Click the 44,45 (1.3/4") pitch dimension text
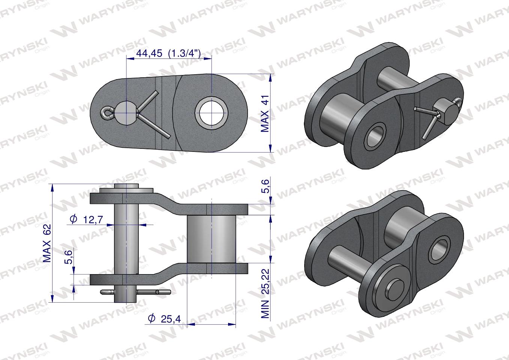point(168,53)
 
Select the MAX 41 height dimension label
point(265,116)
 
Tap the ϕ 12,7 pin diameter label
point(87,220)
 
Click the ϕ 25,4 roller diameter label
point(165,319)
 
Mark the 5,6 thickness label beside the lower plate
point(69,258)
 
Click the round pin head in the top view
point(126,112)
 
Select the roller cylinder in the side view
point(212,239)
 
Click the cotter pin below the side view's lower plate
point(135,291)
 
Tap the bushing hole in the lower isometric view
point(440,247)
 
